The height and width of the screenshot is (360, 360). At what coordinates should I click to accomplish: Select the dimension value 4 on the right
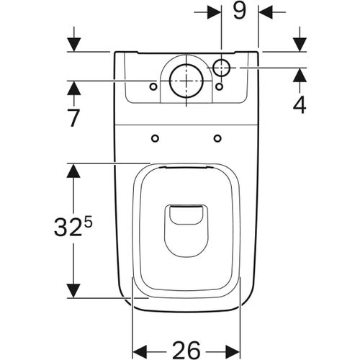click(300, 104)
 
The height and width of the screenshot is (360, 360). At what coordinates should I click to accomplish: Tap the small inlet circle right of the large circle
click(222, 68)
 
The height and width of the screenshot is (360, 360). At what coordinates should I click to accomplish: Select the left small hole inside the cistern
click(153, 87)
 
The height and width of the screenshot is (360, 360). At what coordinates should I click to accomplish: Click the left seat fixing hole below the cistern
click(155, 138)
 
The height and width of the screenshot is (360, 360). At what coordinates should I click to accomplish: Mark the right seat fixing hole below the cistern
click(217, 138)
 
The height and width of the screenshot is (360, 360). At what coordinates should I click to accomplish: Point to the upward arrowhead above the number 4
click(300, 74)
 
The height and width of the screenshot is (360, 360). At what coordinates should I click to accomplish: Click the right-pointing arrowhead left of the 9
click(215, 12)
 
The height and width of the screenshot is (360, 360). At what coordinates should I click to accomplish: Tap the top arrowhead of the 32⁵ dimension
click(73, 169)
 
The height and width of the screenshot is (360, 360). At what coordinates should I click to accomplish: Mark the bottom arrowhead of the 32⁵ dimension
click(73, 291)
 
